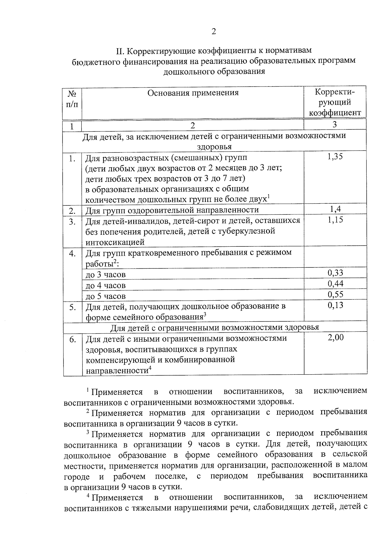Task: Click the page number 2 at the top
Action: [x=213, y=31]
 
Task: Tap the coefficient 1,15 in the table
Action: [x=335, y=220]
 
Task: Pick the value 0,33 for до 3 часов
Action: [x=335, y=273]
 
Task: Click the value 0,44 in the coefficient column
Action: [x=335, y=284]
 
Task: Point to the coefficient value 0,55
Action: [x=335, y=294]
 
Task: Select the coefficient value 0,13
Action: [x=335, y=305]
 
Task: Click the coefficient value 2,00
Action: [x=335, y=337]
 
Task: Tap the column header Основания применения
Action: [x=193, y=93]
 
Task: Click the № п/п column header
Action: [x=72, y=98]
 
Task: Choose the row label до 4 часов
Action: [x=105, y=285]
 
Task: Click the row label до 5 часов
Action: [x=105, y=296]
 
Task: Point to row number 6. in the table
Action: [x=73, y=339]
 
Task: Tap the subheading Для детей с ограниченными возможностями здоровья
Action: [x=215, y=327]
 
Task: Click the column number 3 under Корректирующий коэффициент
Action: [x=335, y=125]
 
